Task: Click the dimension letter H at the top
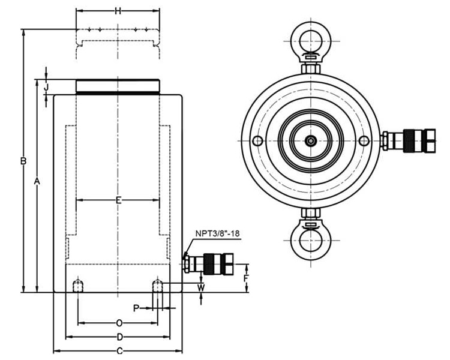tap(118, 11)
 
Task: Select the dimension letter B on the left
tap(23, 161)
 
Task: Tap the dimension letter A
tap(37, 181)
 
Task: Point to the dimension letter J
tap(46, 87)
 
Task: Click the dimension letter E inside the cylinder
tap(118, 200)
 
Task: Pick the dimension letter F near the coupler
tap(245, 278)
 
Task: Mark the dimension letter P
tap(136, 308)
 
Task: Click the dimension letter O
tap(119, 323)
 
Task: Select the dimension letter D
tap(119, 337)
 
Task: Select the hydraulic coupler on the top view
tap(408, 140)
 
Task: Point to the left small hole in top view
tap(257, 141)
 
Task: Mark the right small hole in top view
tap(364, 141)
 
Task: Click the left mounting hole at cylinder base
tap(77, 285)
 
